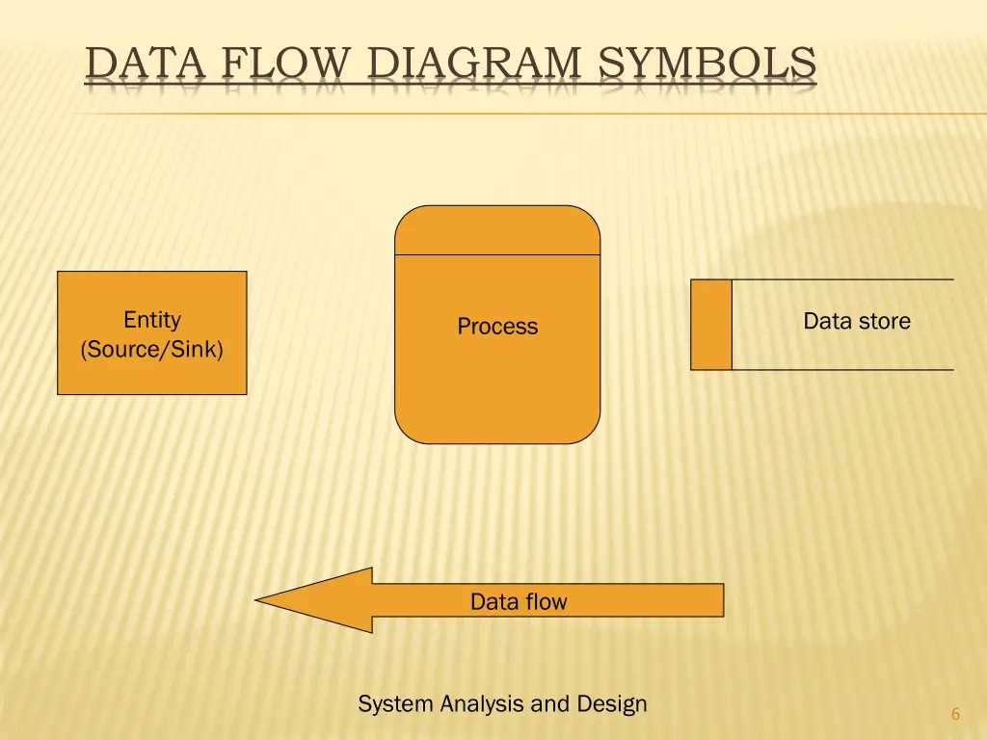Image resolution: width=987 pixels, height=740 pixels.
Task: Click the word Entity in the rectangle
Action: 152,320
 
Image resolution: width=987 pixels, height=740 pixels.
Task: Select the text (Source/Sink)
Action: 152,349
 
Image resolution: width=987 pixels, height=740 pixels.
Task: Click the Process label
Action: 497,327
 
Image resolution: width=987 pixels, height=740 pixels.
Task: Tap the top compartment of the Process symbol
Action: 497,231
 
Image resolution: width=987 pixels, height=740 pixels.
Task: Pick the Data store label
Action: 857,321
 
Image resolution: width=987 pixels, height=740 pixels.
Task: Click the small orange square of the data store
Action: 711,325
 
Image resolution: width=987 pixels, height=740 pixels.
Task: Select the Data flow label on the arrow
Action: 519,602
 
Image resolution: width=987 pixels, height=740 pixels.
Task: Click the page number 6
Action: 955,714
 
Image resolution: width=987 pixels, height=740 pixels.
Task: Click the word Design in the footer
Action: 612,704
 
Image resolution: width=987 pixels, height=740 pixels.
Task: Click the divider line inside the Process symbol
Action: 497,255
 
